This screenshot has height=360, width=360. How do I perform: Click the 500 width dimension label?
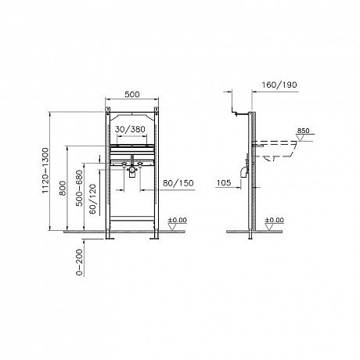[132, 94]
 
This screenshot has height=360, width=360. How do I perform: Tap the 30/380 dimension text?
[130, 129]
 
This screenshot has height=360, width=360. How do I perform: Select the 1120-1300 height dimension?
[45, 171]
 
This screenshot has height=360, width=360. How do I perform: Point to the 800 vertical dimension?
[63, 188]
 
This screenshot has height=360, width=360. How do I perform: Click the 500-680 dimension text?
[79, 188]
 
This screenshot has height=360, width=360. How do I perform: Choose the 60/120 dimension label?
[92, 199]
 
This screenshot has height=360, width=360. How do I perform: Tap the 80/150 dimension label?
[178, 183]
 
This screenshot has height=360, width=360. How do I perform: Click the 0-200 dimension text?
[79, 262]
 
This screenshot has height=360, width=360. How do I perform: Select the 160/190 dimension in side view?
[279, 85]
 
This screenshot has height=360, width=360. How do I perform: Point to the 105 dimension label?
[224, 182]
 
